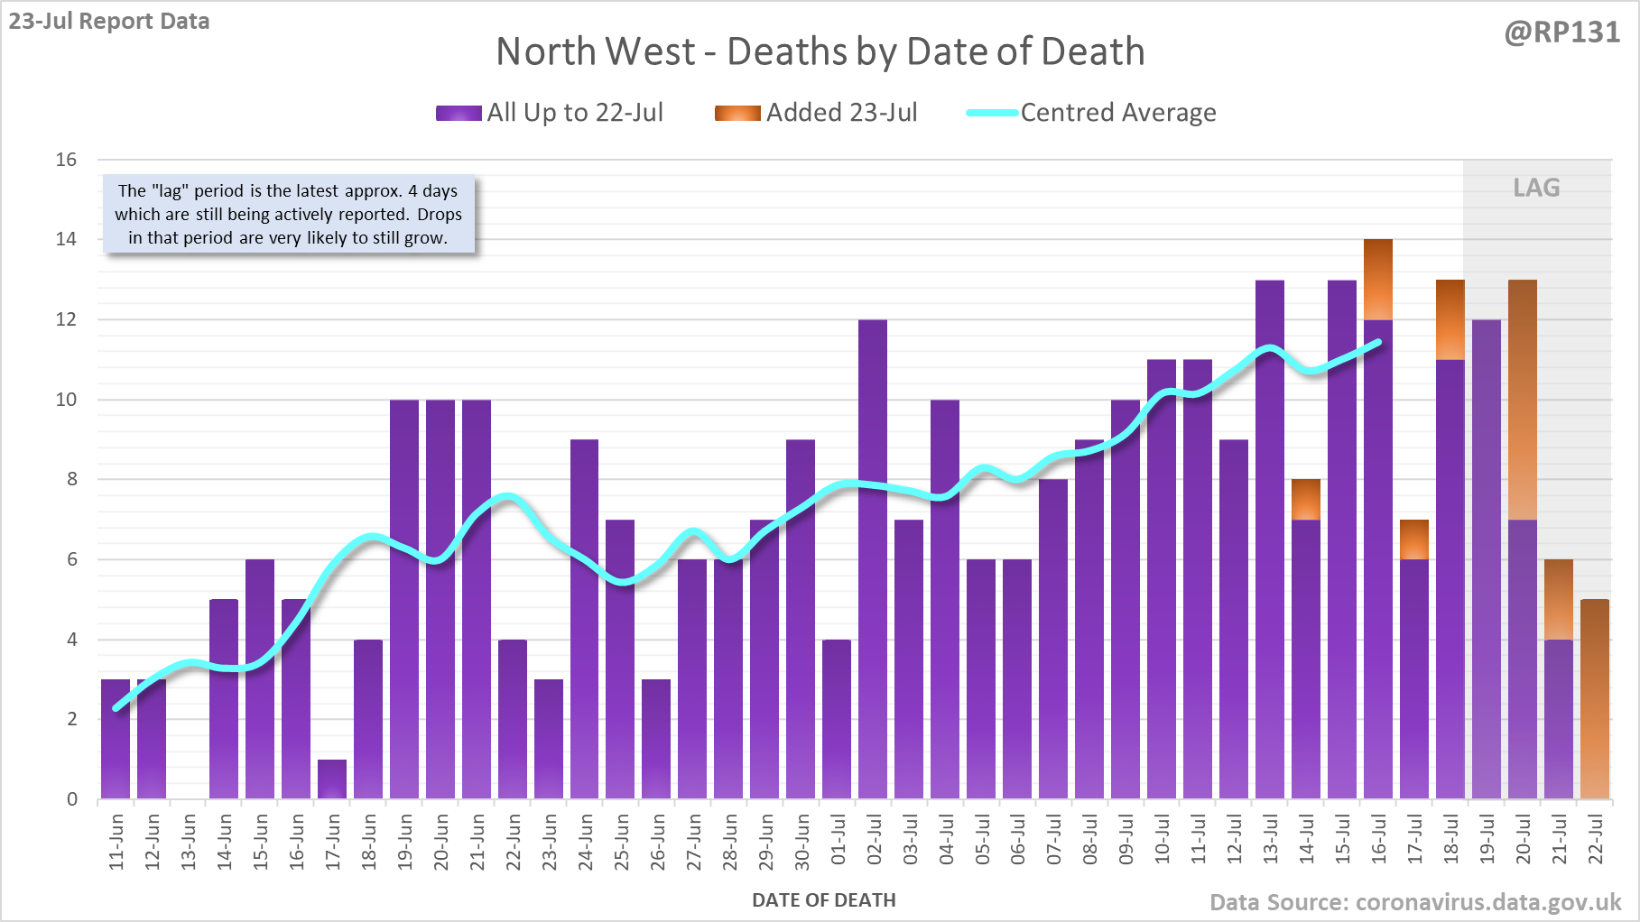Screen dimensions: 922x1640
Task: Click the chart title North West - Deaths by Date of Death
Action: (x=820, y=51)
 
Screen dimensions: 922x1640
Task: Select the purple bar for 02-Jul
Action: (x=873, y=559)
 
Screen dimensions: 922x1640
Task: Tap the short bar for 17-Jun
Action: (x=332, y=779)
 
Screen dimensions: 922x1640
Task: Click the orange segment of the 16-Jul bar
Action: (x=1378, y=280)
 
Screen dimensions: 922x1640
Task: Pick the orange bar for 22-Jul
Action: (x=1595, y=699)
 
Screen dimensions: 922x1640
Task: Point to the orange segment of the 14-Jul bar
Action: (x=1306, y=500)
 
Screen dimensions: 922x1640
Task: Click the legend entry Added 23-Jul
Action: (x=817, y=113)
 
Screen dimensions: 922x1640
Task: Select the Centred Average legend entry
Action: (x=1091, y=113)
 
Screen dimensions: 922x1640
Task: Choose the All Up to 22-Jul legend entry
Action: (x=550, y=113)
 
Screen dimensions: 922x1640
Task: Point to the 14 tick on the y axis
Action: (x=66, y=239)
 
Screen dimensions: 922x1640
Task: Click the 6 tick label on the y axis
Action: (x=71, y=559)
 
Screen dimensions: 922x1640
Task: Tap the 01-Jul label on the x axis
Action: (x=839, y=841)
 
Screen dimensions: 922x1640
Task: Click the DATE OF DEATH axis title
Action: (x=823, y=900)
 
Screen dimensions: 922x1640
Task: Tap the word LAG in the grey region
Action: (x=1536, y=188)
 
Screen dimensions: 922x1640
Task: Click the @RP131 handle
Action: (x=1561, y=32)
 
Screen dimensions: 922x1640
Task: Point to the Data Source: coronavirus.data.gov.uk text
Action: (x=1415, y=902)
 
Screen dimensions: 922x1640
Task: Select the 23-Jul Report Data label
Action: (x=109, y=21)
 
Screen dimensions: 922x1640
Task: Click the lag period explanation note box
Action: (x=288, y=215)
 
